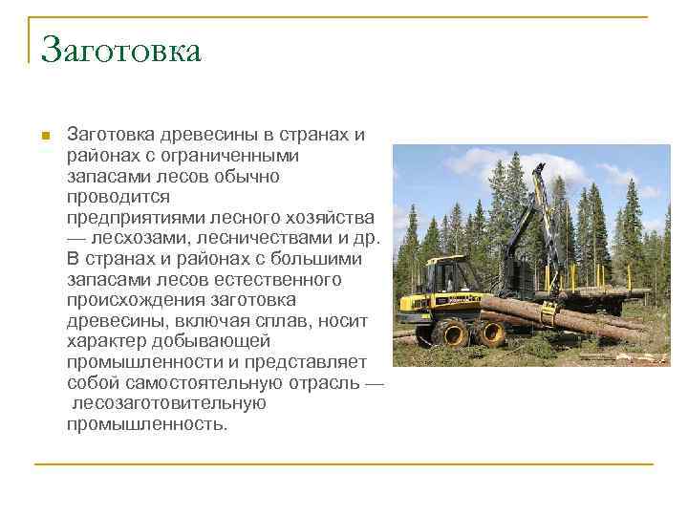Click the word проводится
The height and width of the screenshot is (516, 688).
point(118,197)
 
